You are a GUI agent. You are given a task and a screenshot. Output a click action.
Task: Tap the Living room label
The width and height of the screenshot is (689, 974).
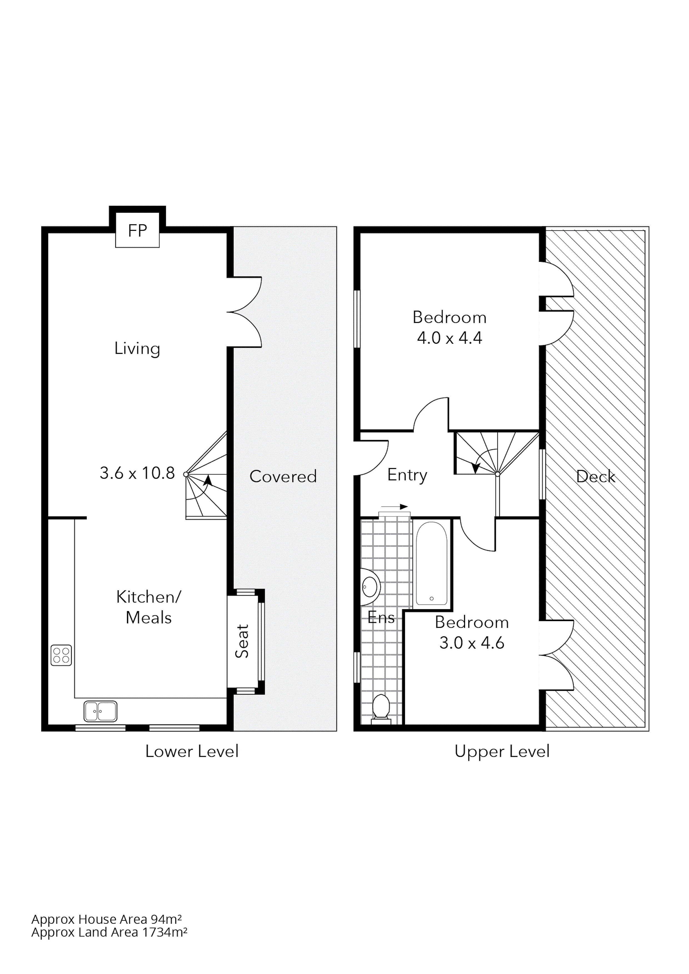coord(137,349)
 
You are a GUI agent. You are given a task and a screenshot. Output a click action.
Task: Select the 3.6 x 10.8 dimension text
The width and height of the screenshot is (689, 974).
coord(137,473)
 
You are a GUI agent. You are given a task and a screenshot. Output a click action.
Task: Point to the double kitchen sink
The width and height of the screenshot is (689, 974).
coord(100,711)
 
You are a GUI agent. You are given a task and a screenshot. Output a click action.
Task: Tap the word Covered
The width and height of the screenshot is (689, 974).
coord(283,476)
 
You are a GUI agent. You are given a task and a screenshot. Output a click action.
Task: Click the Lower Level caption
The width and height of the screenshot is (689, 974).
coord(192,751)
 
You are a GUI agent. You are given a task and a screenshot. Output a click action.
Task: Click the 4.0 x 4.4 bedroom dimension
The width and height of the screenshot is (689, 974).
coord(450,338)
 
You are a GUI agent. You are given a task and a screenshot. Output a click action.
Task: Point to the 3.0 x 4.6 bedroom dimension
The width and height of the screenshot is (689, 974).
coord(472,643)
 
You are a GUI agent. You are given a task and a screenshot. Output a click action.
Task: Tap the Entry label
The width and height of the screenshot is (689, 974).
coord(407,475)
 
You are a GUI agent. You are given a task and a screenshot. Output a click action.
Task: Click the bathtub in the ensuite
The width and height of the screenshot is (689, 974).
coord(431,563)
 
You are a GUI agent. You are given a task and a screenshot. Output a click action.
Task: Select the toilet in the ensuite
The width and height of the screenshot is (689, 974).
coord(381,707)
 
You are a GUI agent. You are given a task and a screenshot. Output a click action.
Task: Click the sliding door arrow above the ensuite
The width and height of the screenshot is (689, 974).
coord(395,506)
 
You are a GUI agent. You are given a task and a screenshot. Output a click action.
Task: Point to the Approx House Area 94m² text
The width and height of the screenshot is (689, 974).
coord(107,919)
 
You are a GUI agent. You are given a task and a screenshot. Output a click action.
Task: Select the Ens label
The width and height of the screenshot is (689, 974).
coord(381,618)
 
